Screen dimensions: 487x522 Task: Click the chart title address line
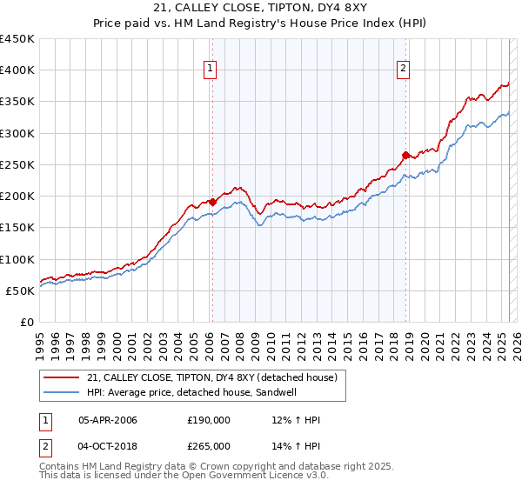[x=260, y=10]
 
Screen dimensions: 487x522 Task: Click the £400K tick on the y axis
[x=17, y=70]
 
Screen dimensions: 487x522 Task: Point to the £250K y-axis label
[x=17, y=164]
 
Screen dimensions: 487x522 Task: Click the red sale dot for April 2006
[x=211, y=202]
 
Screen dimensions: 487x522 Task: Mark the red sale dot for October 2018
[x=405, y=155]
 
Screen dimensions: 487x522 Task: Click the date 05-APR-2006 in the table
[x=108, y=419]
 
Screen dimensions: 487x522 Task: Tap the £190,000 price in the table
[x=209, y=419]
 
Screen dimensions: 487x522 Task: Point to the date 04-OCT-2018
[x=108, y=445]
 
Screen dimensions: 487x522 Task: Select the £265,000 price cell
[x=209, y=445]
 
